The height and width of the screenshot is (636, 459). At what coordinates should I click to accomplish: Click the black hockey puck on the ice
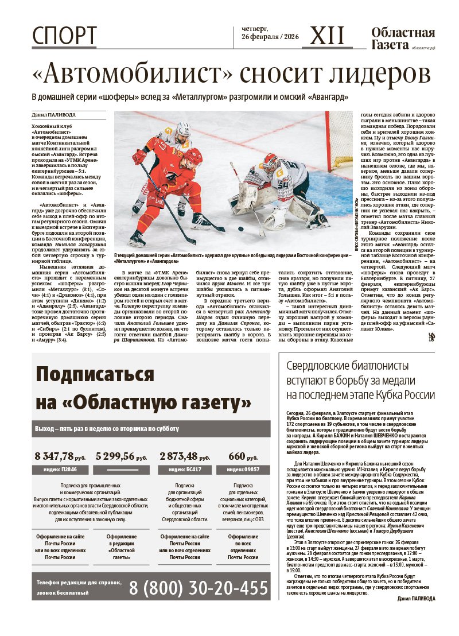(x=242, y=228)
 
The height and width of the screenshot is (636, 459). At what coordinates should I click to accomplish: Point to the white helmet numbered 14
(x=183, y=129)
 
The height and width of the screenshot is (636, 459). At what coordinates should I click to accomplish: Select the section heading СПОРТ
(x=64, y=36)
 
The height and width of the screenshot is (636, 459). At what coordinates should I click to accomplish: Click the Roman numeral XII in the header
(x=327, y=37)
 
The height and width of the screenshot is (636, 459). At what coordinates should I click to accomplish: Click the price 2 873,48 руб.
(x=185, y=457)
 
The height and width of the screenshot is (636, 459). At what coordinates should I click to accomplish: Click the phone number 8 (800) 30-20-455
(x=199, y=588)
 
